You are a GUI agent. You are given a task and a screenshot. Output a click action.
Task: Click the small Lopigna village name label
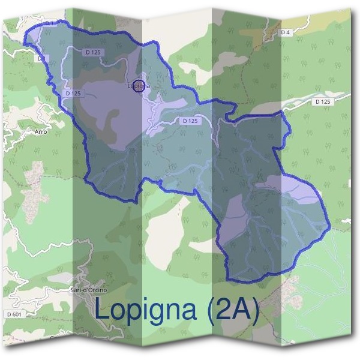137,86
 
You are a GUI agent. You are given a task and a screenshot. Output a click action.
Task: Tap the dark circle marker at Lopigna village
139,86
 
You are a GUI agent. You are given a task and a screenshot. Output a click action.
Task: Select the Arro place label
41,131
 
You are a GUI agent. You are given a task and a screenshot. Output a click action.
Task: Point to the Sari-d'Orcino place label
89,290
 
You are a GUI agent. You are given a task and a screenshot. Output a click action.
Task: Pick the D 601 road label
14,314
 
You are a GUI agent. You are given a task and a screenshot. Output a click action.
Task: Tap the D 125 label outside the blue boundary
323,102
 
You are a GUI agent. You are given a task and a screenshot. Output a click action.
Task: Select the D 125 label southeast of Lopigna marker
189,121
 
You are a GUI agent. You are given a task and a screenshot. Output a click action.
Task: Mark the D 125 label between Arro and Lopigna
72,94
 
